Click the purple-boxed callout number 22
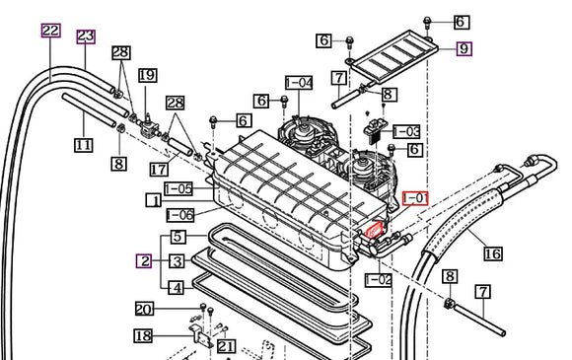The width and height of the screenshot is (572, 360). [50, 31]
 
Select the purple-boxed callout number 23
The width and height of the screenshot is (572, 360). [86, 36]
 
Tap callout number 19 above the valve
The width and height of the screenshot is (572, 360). [148, 76]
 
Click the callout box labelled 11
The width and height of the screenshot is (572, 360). [84, 145]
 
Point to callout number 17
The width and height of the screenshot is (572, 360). [159, 170]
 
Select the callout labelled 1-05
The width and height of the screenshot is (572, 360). [179, 189]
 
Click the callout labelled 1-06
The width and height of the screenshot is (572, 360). [180, 215]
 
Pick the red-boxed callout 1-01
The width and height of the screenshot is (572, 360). [415, 198]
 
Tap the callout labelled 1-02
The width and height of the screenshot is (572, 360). [379, 280]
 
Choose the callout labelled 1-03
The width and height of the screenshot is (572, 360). [406, 132]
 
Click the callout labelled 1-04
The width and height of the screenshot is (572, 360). [299, 83]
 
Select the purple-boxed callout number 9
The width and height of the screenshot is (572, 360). [465, 49]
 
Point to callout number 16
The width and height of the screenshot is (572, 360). [493, 253]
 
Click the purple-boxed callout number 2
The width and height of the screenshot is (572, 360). [144, 261]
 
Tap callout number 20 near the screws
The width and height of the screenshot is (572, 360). [144, 310]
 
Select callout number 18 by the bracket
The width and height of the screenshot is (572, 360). [143, 336]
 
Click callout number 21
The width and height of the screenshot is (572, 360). [227, 346]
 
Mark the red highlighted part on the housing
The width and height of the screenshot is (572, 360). [375, 231]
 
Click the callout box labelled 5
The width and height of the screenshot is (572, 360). [178, 237]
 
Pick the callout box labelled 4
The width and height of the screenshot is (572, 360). [177, 288]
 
